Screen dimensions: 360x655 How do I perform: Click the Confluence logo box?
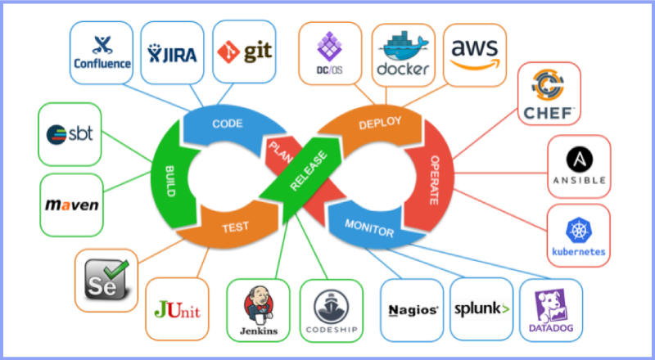click(102, 52)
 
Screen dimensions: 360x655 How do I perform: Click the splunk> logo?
click(481, 309)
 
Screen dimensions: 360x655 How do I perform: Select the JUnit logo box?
click(177, 309)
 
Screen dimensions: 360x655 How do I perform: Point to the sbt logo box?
click(70, 133)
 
